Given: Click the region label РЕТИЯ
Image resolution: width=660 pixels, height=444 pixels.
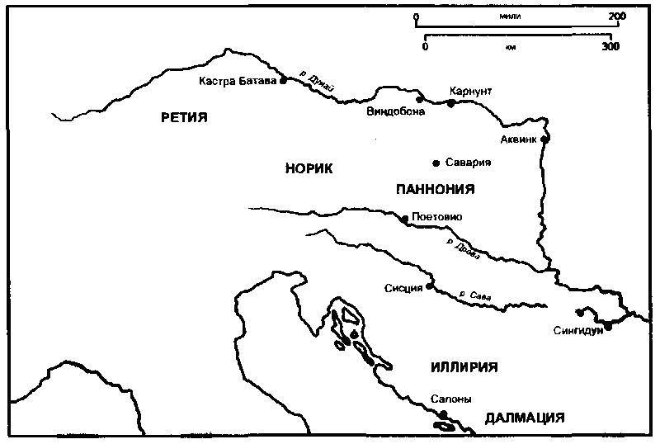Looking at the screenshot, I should click(183, 117).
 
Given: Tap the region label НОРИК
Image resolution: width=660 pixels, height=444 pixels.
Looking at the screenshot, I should click(309, 168).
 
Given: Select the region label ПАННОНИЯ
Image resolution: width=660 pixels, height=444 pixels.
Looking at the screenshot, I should click(435, 189).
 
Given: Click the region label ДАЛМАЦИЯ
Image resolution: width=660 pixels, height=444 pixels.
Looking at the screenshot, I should click(525, 418).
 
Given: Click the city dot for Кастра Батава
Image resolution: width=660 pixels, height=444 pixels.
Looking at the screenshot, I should click(283, 81).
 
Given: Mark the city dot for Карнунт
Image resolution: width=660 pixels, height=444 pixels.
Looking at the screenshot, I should click(450, 103).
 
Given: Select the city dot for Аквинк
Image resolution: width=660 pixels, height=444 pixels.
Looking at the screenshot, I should click(544, 139).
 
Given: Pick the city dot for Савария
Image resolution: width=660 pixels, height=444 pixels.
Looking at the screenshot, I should click(436, 163).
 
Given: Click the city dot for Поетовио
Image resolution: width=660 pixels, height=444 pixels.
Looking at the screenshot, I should click(403, 219).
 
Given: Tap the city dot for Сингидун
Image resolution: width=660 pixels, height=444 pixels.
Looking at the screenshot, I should click(608, 327).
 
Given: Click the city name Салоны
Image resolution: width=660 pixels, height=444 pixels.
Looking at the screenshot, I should click(450, 399).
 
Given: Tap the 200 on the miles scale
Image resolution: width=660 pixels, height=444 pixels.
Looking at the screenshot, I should click(615, 16).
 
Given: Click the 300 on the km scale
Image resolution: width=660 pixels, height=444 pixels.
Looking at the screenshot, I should click(610, 47).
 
